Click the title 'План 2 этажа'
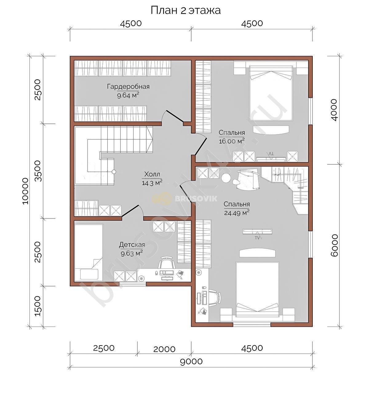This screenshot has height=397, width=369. pyautogui.click(x=186, y=10)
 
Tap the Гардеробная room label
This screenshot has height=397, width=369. pyautogui.click(x=128, y=87)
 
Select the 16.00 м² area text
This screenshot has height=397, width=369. pyautogui.click(x=232, y=141)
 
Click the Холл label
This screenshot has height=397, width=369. pyautogui.click(x=152, y=174)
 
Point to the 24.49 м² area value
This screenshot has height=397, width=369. pyautogui.click(x=237, y=213)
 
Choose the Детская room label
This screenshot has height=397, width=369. pyautogui.click(x=132, y=245)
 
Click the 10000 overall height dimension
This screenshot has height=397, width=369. pyautogui.click(x=26, y=191)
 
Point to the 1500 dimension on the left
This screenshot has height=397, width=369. pyautogui.click(x=38, y=306)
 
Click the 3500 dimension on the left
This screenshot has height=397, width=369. pyautogui.click(x=38, y=171)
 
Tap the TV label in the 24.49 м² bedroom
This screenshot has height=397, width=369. pyautogui.click(x=257, y=238)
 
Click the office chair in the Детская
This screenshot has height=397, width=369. pyautogui.click(x=166, y=263)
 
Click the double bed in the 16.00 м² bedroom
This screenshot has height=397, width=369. pyautogui.click(x=271, y=93)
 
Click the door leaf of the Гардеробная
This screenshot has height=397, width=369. pyautogui.click(x=175, y=116)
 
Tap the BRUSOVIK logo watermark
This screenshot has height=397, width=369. pyautogui.click(x=184, y=198)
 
